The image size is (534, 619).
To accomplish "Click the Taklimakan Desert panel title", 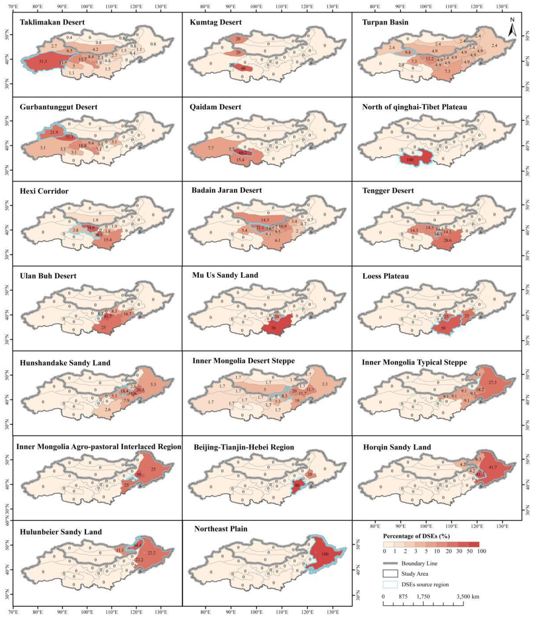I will pos(52,22).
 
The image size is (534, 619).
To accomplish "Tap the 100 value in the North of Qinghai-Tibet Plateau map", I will pos(410,160).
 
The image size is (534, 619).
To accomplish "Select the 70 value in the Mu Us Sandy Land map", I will pos(273,328).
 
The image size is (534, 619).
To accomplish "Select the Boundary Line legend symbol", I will pos(390,563).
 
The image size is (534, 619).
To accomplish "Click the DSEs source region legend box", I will pos(390,584).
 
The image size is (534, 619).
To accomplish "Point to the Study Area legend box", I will pos(390,574).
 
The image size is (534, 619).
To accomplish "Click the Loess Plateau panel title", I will pos(385,276).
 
